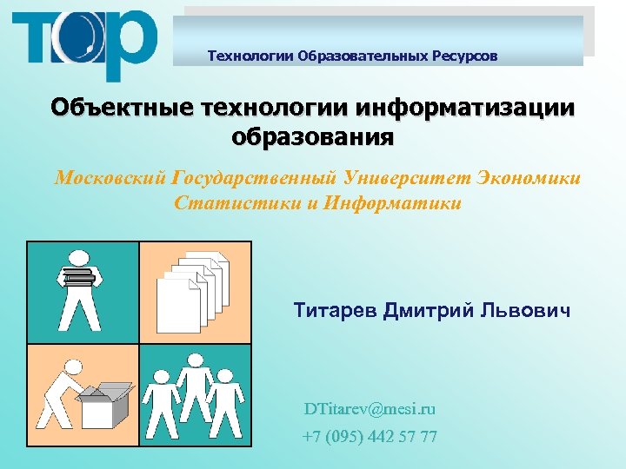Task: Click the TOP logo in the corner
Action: pyautogui.click(x=84, y=43)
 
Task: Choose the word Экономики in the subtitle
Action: pyautogui.click(x=529, y=178)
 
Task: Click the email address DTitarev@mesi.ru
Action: pyautogui.click(x=370, y=408)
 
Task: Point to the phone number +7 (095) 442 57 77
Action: pyautogui.click(x=370, y=436)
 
